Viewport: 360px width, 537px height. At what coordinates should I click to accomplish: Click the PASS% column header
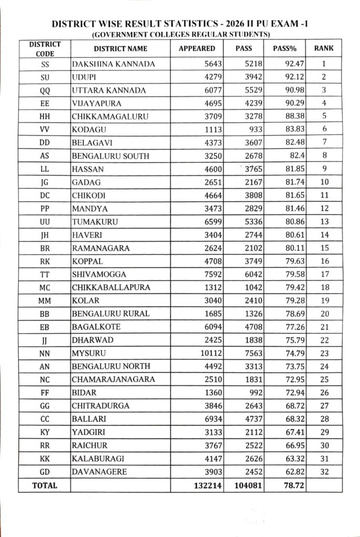(285, 49)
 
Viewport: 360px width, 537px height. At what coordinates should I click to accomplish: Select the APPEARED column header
(197, 49)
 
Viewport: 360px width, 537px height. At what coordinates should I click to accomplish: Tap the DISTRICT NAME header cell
(121, 49)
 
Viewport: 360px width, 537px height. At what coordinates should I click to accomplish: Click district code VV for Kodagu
(45, 129)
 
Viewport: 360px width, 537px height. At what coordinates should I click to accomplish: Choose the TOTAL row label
(45, 486)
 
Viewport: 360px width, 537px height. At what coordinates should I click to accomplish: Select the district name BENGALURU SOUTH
(110, 155)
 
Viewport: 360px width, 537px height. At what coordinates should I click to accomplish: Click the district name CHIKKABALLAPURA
(111, 287)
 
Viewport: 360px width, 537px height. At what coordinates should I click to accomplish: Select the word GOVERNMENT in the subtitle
(117, 35)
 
